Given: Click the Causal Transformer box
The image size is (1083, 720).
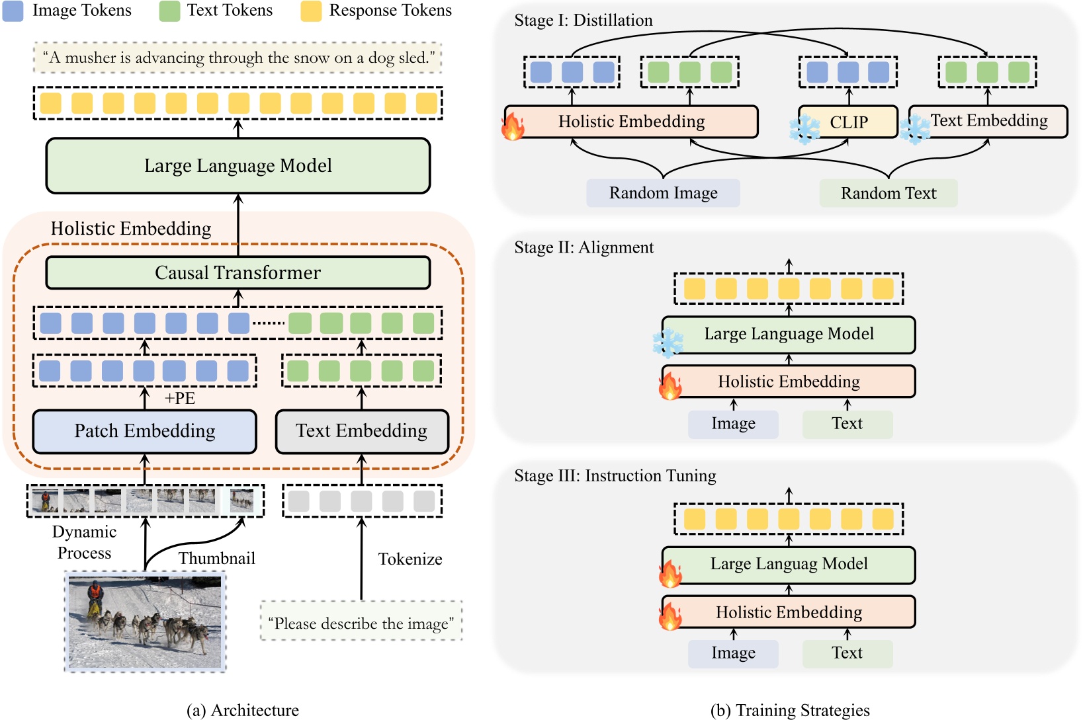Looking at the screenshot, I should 238,273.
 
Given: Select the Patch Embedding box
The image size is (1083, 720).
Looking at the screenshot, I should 144,432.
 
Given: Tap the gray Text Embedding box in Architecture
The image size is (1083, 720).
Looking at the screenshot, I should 361,432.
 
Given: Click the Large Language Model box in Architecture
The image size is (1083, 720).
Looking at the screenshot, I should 238,166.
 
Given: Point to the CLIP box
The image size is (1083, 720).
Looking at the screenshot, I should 849,122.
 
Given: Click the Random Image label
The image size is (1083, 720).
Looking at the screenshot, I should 663,193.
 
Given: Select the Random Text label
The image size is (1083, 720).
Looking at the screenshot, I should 888,193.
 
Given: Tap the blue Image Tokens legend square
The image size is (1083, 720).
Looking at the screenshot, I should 13,11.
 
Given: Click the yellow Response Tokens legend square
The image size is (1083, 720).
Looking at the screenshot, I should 311,11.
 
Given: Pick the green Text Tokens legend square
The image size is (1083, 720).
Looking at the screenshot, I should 169,11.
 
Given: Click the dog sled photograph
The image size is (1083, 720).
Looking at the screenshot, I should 145,622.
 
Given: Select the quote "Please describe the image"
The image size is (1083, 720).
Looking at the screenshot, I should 361,623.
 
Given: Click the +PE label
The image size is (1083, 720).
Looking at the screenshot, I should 180,399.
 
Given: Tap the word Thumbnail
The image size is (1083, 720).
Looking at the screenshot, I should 217,559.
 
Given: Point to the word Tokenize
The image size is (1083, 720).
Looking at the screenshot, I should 410,559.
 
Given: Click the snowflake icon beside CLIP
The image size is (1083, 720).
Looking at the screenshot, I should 804,130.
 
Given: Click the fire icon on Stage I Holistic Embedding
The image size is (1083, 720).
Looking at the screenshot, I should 513,126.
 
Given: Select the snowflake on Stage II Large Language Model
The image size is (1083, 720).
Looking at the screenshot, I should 668,343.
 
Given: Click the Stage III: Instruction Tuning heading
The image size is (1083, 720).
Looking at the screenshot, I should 615,476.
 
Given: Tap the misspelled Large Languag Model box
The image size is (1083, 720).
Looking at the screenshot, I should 789,565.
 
